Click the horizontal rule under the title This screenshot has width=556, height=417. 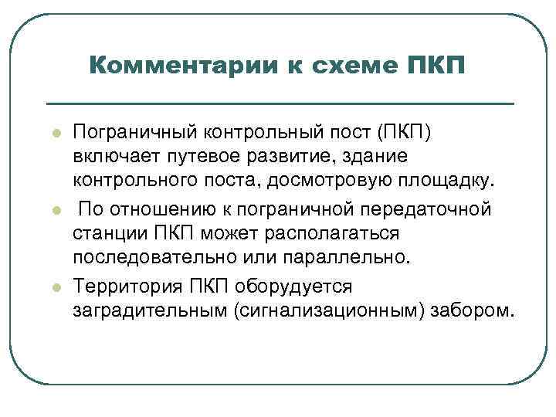280,103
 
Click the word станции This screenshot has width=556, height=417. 108,234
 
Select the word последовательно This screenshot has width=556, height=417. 154,259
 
